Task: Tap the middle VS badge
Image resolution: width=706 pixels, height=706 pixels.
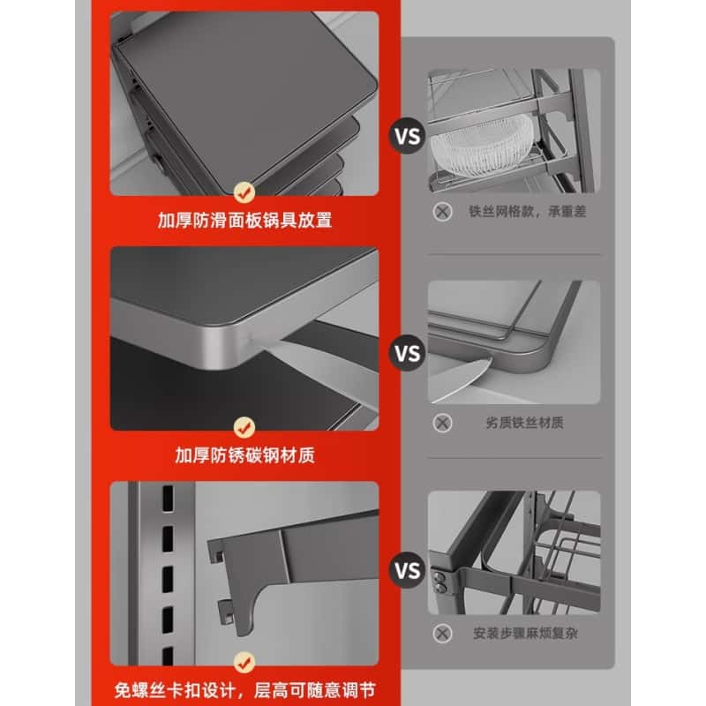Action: pyautogui.click(x=407, y=354)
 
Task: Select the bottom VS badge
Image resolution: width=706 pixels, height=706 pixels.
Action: pyautogui.click(x=407, y=571)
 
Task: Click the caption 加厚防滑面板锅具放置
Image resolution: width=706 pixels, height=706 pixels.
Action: pyautogui.click(x=245, y=221)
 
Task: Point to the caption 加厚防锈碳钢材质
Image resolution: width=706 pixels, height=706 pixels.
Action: pyautogui.click(x=245, y=456)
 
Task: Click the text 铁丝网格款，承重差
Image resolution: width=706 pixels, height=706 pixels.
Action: pyautogui.click(x=528, y=212)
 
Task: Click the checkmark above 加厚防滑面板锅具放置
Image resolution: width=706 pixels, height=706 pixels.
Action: pyautogui.click(x=245, y=191)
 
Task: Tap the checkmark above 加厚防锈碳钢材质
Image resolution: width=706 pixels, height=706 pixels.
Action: pyautogui.click(x=245, y=427)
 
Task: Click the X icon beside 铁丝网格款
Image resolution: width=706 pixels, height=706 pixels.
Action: pyautogui.click(x=443, y=212)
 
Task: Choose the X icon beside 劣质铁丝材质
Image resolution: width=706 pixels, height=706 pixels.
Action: pyautogui.click(x=443, y=423)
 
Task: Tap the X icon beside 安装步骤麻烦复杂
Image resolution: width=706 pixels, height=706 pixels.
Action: pyautogui.click(x=443, y=633)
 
